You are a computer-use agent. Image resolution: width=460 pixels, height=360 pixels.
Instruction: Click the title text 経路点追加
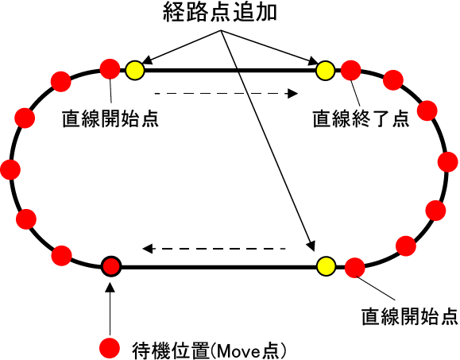tap(220, 13)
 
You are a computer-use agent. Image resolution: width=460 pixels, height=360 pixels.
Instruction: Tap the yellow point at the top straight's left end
tap(135, 71)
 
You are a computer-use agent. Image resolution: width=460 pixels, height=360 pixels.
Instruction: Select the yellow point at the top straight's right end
tap(326, 71)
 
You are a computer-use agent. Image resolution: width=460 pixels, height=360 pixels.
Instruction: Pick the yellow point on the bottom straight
tap(327, 266)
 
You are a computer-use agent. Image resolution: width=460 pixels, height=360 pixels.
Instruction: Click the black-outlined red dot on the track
tap(111, 266)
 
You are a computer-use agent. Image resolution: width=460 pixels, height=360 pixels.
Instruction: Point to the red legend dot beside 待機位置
tap(110, 348)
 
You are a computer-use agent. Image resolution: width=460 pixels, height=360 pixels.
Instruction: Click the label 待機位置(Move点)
tap(209, 350)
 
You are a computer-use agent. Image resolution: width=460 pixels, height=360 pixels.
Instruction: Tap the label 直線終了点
tap(361, 119)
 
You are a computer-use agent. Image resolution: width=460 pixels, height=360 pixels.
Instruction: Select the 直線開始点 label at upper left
tap(110, 119)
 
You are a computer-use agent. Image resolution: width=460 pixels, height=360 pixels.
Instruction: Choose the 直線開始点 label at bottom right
tap(409, 316)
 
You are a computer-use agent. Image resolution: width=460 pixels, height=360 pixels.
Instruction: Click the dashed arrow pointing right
tap(226, 94)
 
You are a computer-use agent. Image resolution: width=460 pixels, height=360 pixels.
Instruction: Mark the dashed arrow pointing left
tap(214, 249)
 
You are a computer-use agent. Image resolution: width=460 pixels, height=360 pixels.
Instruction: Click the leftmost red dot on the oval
tap(10, 169)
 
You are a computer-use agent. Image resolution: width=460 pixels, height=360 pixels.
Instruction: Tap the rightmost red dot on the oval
tap(447, 162)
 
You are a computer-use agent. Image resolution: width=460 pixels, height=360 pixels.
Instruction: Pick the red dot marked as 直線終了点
tap(350, 71)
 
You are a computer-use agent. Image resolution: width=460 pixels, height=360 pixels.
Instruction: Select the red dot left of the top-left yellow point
tap(110, 69)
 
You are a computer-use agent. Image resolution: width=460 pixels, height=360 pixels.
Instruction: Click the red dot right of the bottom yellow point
tap(354, 268)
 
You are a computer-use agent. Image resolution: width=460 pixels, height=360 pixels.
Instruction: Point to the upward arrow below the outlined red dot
tap(110, 309)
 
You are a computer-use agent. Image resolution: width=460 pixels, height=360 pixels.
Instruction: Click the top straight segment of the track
tap(230, 71)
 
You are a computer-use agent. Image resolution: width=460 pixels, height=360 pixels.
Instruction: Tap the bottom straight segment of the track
tap(218, 267)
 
